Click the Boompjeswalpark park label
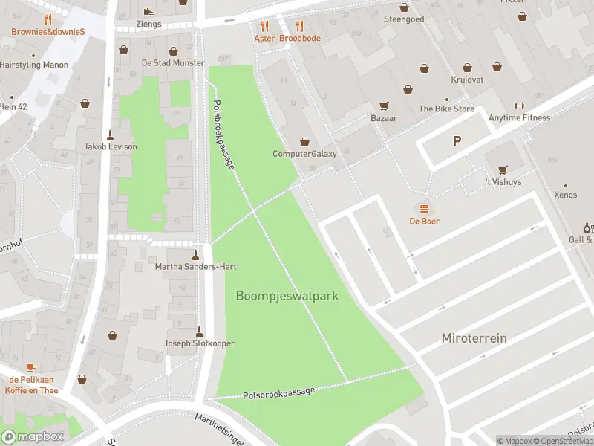pyautogui.click(x=287, y=296)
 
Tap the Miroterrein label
pyautogui.click(x=474, y=338)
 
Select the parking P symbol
pyautogui.click(x=457, y=140)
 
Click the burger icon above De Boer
pyautogui.click(x=425, y=208)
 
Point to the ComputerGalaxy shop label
pyautogui.click(x=304, y=154)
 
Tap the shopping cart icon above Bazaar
pyautogui.click(x=384, y=106)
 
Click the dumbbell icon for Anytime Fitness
pyautogui.click(x=519, y=105)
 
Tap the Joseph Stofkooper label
pyautogui.click(x=199, y=343)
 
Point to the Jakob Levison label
pyautogui.click(x=111, y=146)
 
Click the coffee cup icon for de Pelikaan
pyautogui.click(x=30, y=367)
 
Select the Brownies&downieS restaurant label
pyautogui.click(x=48, y=32)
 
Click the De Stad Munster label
pyautogui.click(x=173, y=63)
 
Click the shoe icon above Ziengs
pyautogui.click(x=148, y=11)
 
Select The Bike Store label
pyautogui.click(x=446, y=109)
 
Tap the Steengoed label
pyautogui.click(x=404, y=19)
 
